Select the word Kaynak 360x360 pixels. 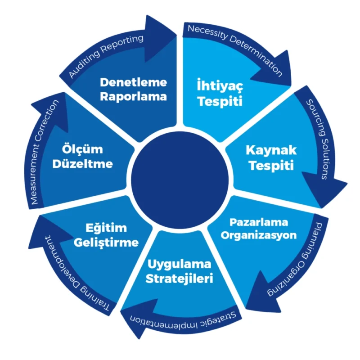coord(270,150)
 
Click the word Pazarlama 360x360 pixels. coord(259,223)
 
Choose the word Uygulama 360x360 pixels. coord(179,263)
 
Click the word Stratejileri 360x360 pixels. coord(179,278)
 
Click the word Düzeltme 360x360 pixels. coord(82,163)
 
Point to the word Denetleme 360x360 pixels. coord(133,82)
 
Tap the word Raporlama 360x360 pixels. coord(134,96)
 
